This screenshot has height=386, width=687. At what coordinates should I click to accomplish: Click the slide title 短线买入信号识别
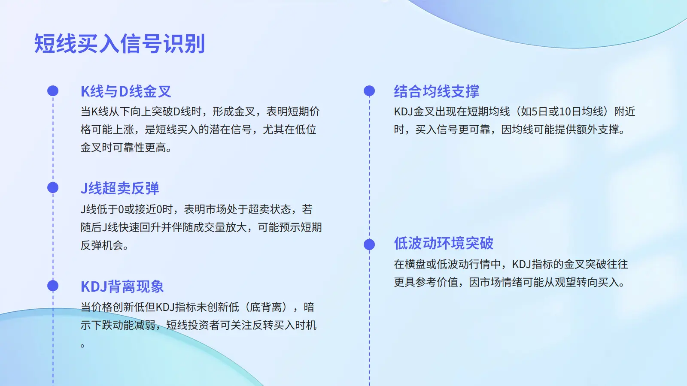[119, 43]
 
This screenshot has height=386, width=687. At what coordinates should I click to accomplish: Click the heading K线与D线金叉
[126, 91]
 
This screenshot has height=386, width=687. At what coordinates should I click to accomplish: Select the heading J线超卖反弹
[120, 188]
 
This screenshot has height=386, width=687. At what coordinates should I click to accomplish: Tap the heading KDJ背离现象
[122, 286]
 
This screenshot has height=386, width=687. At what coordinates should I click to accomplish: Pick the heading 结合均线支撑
[436, 91]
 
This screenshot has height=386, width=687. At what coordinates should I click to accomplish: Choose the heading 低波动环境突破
[444, 243]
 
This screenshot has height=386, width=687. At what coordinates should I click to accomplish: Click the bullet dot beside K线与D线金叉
[53, 90]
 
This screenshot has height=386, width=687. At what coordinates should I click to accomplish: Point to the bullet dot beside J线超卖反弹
[53, 187]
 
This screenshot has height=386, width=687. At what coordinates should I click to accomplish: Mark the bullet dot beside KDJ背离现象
[53, 286]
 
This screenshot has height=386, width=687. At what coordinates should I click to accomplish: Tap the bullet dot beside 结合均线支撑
[369, 90]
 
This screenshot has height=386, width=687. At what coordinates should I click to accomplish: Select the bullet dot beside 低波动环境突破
[369, 244]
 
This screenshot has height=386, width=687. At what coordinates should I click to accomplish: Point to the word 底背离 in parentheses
[266, 307]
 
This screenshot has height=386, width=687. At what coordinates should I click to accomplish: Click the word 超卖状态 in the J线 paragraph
[269, 209]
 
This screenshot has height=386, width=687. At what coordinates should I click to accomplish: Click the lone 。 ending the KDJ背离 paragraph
[82, 346]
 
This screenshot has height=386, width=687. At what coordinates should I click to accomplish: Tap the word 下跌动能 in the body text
[112, 325]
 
